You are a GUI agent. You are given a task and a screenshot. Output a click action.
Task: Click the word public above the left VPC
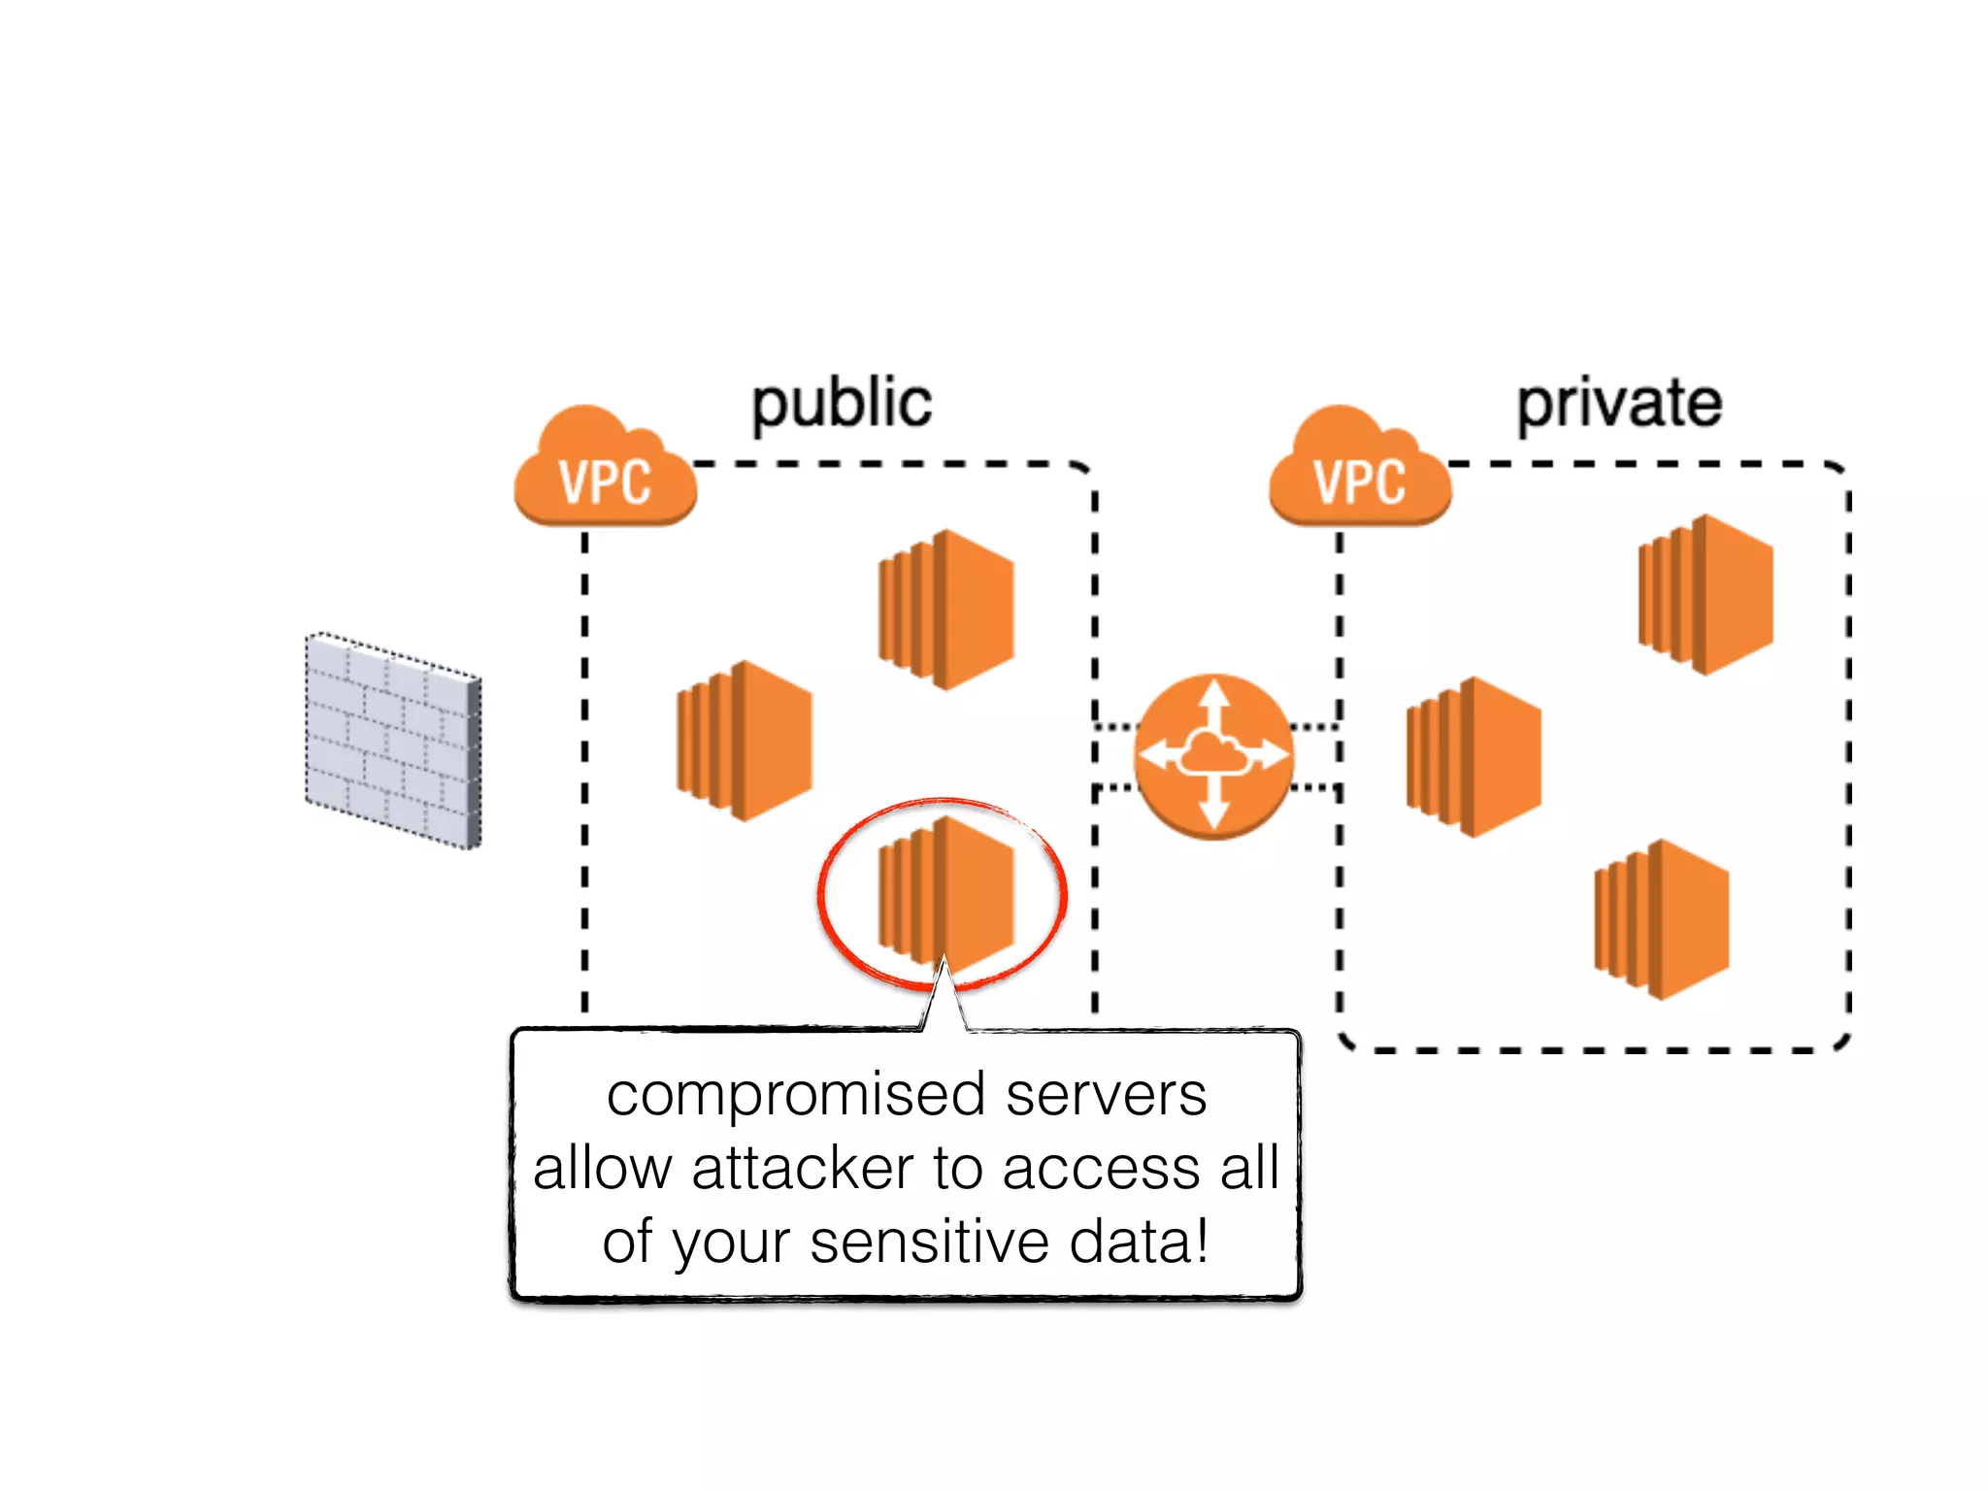(842, 405)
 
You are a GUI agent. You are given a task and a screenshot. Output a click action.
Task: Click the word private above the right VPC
(1619, 404)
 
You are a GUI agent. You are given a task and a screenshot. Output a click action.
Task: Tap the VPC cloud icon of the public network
(605, 470)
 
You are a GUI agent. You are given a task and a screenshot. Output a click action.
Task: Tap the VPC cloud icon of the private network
(1359, 470)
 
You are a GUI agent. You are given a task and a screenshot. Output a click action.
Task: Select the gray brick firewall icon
(393, 741)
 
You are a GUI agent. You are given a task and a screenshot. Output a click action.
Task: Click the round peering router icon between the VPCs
(1213, 755)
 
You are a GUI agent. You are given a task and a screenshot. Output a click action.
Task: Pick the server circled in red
(946, 893)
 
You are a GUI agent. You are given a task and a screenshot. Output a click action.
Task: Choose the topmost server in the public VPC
(946, 610)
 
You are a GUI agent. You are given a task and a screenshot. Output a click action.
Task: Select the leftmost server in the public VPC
(745, 741)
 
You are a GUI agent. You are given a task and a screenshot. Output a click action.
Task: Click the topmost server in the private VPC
(1706, 594)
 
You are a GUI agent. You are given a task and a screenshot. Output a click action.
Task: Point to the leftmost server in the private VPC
(1474, 757)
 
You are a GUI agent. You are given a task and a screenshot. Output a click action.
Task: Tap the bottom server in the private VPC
(1661, 919)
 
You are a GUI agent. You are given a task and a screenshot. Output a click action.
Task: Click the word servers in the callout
(1106, 1095)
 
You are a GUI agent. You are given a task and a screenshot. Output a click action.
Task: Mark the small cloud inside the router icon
(1213, 753)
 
